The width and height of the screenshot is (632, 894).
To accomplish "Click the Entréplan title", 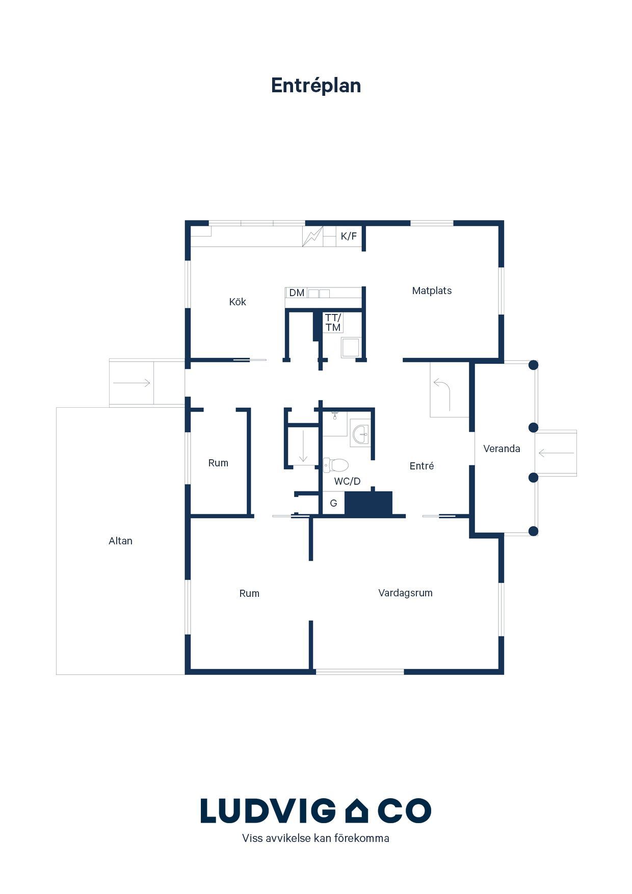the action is coord(316,86).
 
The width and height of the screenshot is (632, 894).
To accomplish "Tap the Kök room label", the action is coord(238,302).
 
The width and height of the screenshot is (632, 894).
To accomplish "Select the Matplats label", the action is coord(432,291).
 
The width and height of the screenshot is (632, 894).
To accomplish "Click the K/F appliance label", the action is coord(349,236).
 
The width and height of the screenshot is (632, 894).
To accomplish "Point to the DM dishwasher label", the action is coord(297,293).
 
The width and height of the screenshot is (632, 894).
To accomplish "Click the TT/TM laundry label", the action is coord(333,323).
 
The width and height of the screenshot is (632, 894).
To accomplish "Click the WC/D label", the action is coord(347,481).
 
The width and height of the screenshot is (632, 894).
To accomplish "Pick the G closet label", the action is coord(333,503).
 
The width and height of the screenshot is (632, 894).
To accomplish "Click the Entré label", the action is coord(422,466).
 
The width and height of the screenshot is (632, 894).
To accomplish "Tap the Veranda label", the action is coord(502,449).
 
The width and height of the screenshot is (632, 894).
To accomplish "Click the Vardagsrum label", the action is coord(405,593).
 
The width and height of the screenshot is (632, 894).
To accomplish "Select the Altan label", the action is coord(120,541).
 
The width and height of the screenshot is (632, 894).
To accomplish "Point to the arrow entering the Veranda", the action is coord(556,453).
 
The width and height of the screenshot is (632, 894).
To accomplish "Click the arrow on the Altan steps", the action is coord(131,383).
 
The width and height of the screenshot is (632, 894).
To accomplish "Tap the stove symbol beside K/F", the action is coord(312,236).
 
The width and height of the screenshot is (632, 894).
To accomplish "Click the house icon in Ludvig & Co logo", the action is coord(357,810).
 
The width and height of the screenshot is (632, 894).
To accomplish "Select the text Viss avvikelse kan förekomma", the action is coord(315,838).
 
